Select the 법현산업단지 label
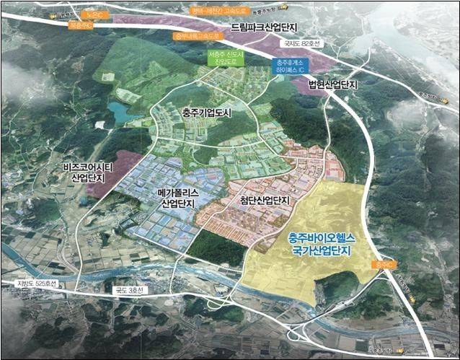pyautogui.click(x=333, y=84)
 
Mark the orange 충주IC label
pyautogui.click(x=386, y=265)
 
